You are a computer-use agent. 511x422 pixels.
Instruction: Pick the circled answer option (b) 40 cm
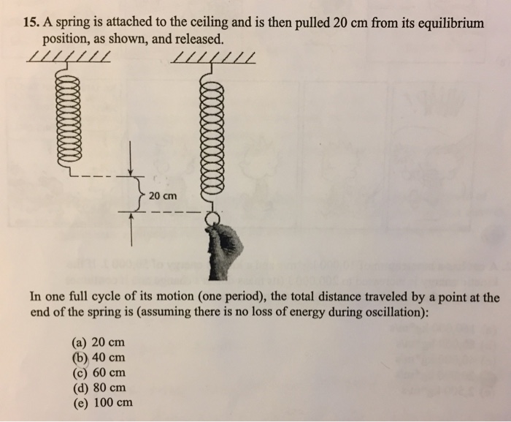pos(98,358)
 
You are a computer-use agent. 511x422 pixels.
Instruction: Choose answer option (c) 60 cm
pos(99,372)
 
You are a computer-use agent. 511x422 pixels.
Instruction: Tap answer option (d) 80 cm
pos(99,387)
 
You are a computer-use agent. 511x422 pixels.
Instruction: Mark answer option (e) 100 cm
pos(101,402)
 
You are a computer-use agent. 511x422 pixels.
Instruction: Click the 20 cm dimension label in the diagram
pos(162,196)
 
